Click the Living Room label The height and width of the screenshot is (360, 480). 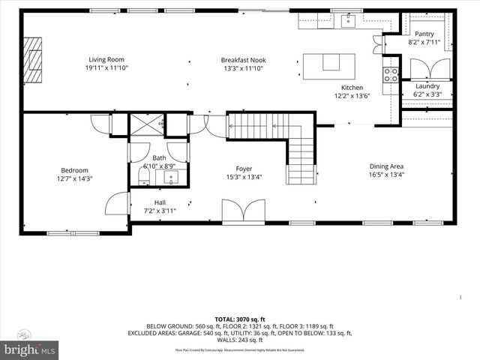click(x=106, y=59)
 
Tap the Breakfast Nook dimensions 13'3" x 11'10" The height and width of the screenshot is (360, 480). click(x=243, y=68)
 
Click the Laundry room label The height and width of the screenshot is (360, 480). click(x=427, y=86)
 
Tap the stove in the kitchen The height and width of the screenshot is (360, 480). click(x=391, y=75)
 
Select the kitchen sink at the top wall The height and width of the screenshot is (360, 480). click(x=348, y=21)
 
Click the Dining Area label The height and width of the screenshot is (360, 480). click(x=387, y=166)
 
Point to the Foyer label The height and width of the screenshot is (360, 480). click(x=244, y=169)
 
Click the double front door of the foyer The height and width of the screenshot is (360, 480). click(x=244, y=210)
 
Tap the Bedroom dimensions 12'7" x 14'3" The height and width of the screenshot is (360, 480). click(x=74, y=178)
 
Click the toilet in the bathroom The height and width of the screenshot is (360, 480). click(x=143, y=177)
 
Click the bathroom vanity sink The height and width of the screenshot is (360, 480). click(x=172, y=178)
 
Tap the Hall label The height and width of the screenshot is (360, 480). click(x=160, y=202)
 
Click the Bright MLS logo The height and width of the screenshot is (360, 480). click(x=28, y=349)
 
